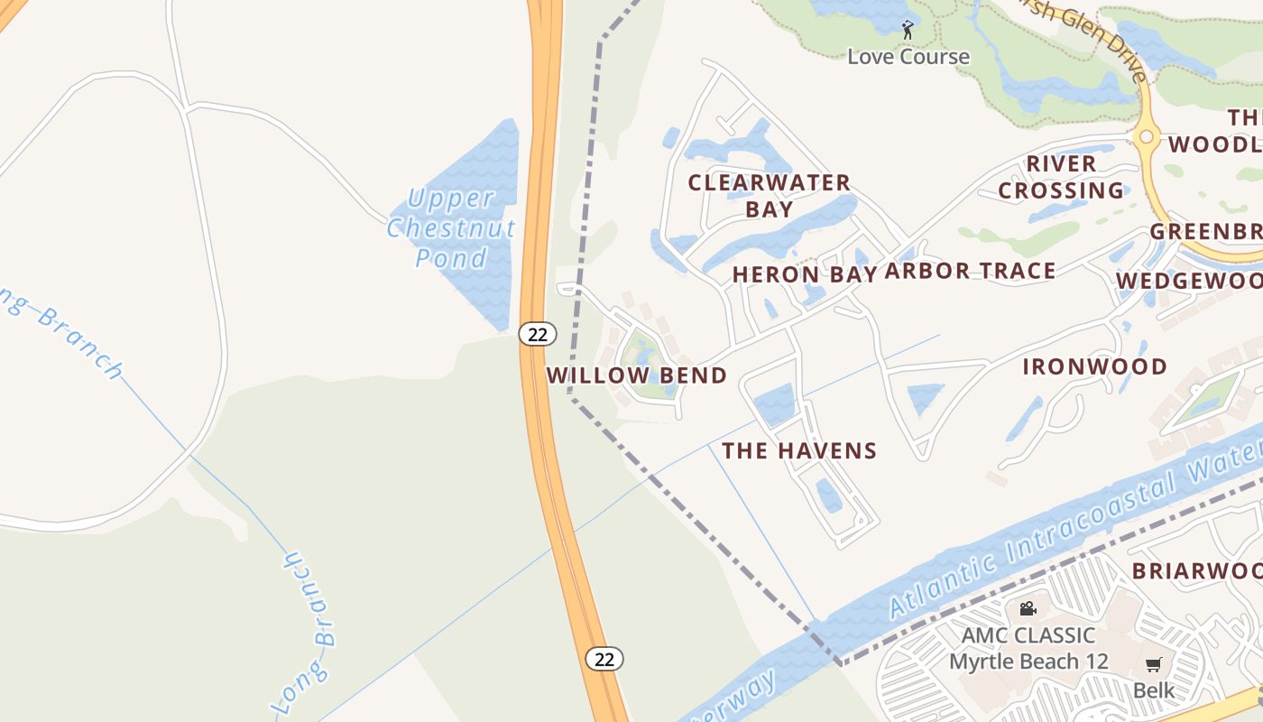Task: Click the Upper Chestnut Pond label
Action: [x=451, y=228]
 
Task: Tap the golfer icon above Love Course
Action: [x=908, y=31]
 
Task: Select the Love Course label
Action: [x=908, y=57]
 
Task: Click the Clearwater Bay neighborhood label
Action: [x=770, y=196]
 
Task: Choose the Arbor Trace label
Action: [x=970, y=272]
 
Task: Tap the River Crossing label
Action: [x=1061, y=177]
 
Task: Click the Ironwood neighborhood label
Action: [x=1094, y=366]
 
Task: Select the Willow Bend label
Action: [x=636, y=375]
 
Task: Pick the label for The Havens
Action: [x=799, y=450]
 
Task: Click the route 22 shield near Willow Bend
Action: [x=537, y=334]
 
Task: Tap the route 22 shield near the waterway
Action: [x=604, y=659]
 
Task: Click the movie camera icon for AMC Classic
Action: [x=1028, y=609]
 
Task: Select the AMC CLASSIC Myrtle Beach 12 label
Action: [x=1028, y=648]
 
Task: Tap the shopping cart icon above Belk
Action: [x=1153, y=666]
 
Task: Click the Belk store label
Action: [x=1154, y=691]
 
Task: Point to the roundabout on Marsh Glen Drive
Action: [x=1147, y=137]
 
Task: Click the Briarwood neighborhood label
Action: [x=1196, y=570]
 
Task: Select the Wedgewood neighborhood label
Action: [x=1189, y=282]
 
